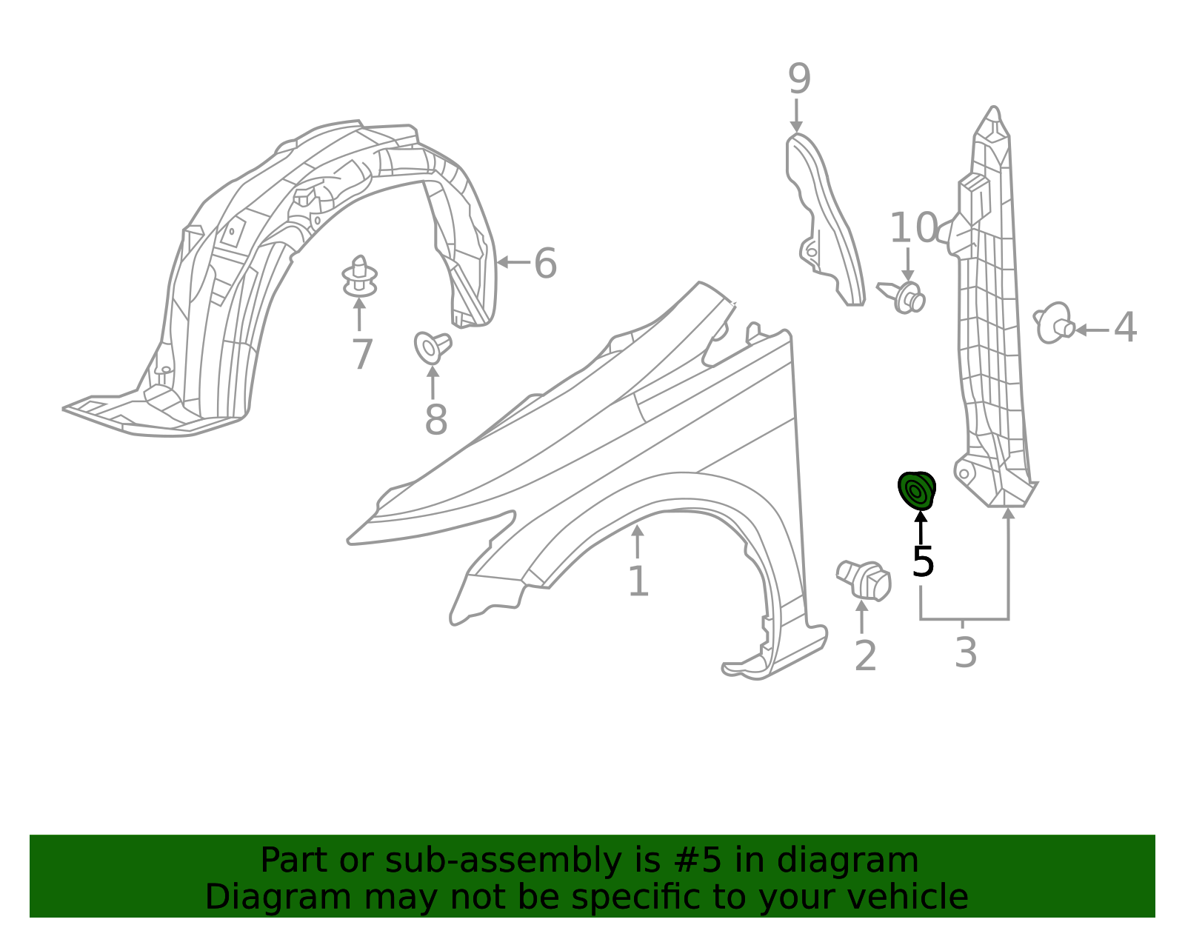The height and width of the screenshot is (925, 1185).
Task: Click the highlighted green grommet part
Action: (x=917, y=490)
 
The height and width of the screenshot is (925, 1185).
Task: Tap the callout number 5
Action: (x=923, y=562)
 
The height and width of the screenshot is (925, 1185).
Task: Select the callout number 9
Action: (x=799, y=79)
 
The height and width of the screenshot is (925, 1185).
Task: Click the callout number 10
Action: (x=913, y=227)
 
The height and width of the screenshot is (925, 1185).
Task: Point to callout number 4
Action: (x=1125, y=327)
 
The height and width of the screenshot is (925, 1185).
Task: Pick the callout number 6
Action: (x=545, y=263)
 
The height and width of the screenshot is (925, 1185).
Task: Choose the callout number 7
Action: (x=362, y=354)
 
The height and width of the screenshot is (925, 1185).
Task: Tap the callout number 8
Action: (x=435, y=420)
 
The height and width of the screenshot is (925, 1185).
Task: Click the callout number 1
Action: (x=638, y=581)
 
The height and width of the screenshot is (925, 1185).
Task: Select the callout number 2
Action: (x=866, y=655)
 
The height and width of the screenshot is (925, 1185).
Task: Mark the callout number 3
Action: (x=965, y=652)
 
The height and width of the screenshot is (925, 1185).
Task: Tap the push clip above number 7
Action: (x=359, y=277)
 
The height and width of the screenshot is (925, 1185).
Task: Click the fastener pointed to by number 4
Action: (x=1054, y=323)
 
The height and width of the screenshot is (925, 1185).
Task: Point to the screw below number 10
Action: (x=901, y=296)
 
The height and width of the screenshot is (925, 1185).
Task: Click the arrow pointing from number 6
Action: (x=513, y=262)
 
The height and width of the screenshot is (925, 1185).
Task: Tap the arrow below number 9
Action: (x=796, y=116)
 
